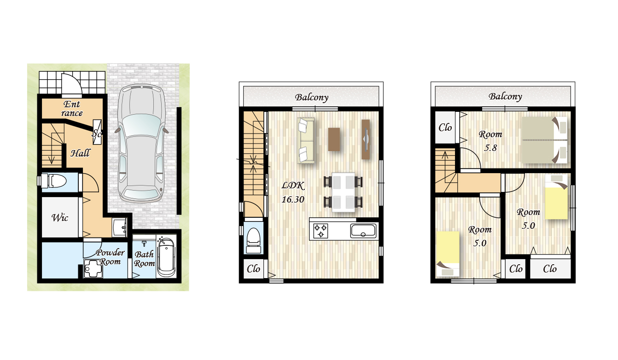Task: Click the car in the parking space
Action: (x=141, y=144)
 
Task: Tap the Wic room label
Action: (x=60, y=218)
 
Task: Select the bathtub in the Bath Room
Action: (x=166, y=257)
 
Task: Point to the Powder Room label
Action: (x=110, y=257)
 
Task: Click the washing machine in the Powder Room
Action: (x=93, y=268)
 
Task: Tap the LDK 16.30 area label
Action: (x=293, y=192)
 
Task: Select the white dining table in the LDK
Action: (x=343, y=192)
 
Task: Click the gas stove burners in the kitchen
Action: (x=321, y=231)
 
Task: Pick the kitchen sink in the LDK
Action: (x=363, y=231)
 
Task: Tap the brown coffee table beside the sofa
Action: (x=334, y=139)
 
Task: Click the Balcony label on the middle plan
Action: (x=311, y=98)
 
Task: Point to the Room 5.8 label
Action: (x=490, y=141)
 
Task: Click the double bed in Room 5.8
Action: (x=544, y=140)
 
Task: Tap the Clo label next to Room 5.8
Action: (x=445, y=128)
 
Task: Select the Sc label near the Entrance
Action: (x=97, y=134)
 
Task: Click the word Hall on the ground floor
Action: (x=80, y=153)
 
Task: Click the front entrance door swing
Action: (x=71, y=84)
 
